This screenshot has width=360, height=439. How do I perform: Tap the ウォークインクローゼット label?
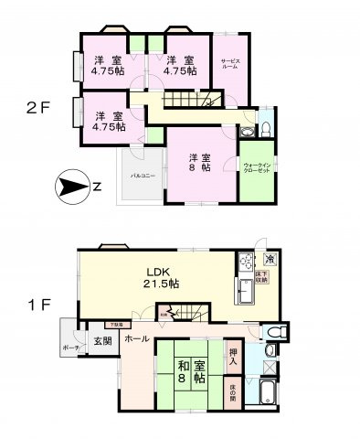click(255, 169)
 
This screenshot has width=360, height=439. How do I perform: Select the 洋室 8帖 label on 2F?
click(201, 162)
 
